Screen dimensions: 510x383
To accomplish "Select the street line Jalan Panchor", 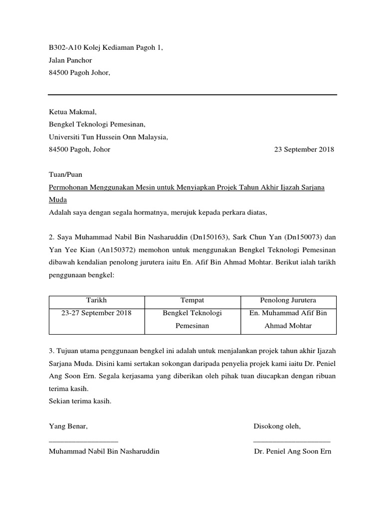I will (70, 60).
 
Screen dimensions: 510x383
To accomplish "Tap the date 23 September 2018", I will (304, 149).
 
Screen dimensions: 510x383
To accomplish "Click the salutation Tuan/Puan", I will (65, 175).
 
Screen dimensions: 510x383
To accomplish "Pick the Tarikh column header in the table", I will (96, 300).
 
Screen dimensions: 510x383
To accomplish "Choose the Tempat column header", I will (192, 300).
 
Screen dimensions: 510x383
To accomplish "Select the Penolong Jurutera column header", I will (288, 300).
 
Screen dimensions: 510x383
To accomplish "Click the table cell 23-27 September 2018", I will (96, 313).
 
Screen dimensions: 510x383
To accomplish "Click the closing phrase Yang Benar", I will (68, 427).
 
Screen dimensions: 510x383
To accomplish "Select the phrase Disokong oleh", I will (277, 427).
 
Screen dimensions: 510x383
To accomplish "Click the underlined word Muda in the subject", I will (57, 200).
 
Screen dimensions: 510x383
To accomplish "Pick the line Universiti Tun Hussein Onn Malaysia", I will (108, 137).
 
